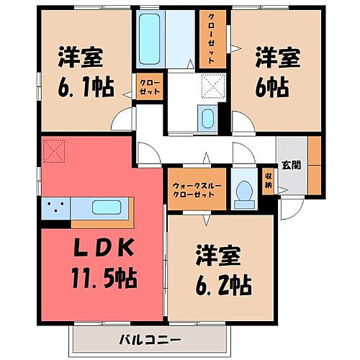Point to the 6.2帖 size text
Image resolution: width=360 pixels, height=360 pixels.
pyautogui.click(x=222, y=286)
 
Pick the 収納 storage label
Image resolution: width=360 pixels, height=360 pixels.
pyautogui.click(x=268, y=180)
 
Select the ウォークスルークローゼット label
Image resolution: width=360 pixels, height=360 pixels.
pyautogui.click(x=197, y=189)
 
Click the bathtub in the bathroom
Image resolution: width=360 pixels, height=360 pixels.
pyautogui.click(x=151, y=42)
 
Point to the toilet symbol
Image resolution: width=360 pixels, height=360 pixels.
pyautogui.click(x=244, y=191)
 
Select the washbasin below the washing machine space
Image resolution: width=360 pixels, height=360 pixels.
pyautogui.click(x=207, y=119)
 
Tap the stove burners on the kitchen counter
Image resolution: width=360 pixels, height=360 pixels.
pyautogui.click(x=54, y=208)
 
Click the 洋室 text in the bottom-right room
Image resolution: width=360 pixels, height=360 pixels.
pyautogui.click(x=222, y=257)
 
